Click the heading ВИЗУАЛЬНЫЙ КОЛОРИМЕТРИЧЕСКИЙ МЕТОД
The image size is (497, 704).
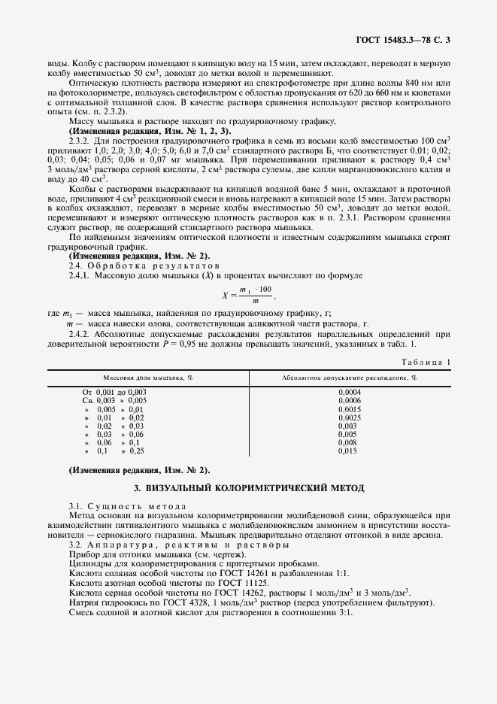(x=248, y=487)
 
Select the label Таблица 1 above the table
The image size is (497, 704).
(x=426, y=362)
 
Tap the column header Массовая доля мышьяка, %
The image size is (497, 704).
(x=148, y=376)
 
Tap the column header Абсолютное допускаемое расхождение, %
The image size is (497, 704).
(x=349, y=376)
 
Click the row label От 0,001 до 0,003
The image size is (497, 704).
(x=114, y=393)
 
